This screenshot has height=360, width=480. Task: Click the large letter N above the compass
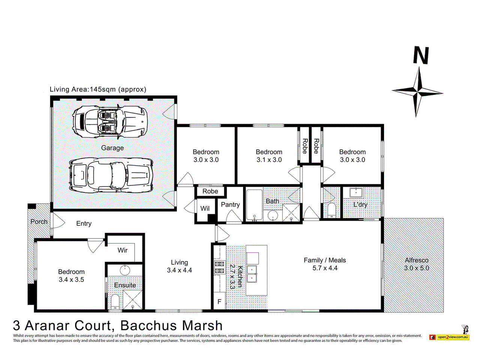[x=421, y=55]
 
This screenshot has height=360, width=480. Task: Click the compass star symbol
[x=417, y=91]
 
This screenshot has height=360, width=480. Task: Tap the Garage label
[x=112, y=148]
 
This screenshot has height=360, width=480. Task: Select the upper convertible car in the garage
[x=109, y=121]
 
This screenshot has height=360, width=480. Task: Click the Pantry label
[x=230, y=204]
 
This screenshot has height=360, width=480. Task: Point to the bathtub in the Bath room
[x=254, y=204]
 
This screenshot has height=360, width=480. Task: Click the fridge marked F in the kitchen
[x=219, y=301]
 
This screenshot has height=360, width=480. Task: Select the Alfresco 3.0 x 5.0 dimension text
[x=416, y=268]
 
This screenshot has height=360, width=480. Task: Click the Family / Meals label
[x=325, y=260]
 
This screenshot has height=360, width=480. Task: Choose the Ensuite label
[x=125, y=285]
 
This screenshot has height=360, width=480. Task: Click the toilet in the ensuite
[x=115, y=301]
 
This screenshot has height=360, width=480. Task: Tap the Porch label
[x=39, y=222]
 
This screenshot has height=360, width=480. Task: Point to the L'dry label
[x=360, y=204]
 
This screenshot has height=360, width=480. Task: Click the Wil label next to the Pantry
[x=205, y=208]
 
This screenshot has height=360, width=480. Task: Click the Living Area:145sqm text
[x=98, y=89]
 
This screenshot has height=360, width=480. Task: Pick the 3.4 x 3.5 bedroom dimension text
[x=71, y=279]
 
